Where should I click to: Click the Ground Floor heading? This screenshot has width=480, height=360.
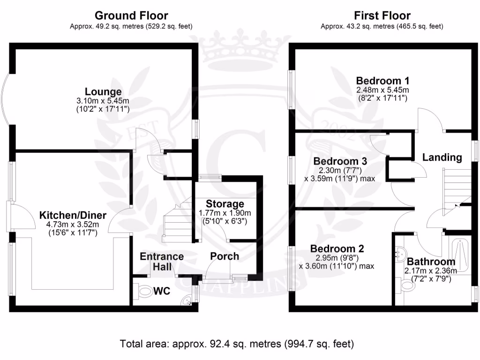131,15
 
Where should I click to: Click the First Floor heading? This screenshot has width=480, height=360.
382,15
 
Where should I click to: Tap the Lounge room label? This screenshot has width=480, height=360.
103,91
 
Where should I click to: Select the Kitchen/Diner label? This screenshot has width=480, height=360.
73,215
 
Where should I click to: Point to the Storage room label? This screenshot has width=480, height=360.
225,203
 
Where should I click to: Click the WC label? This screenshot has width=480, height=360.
162,291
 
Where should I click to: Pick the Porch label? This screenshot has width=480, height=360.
225,256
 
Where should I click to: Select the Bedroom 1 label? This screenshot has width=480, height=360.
382,81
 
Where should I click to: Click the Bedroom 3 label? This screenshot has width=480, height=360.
340,161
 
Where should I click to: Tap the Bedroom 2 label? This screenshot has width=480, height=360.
337,248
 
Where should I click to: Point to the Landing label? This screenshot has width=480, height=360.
442,157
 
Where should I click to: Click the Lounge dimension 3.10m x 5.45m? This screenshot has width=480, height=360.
103,101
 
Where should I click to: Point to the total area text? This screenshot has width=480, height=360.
237,344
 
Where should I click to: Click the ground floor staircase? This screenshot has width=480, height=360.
177,220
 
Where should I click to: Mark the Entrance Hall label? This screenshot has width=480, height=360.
162,262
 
